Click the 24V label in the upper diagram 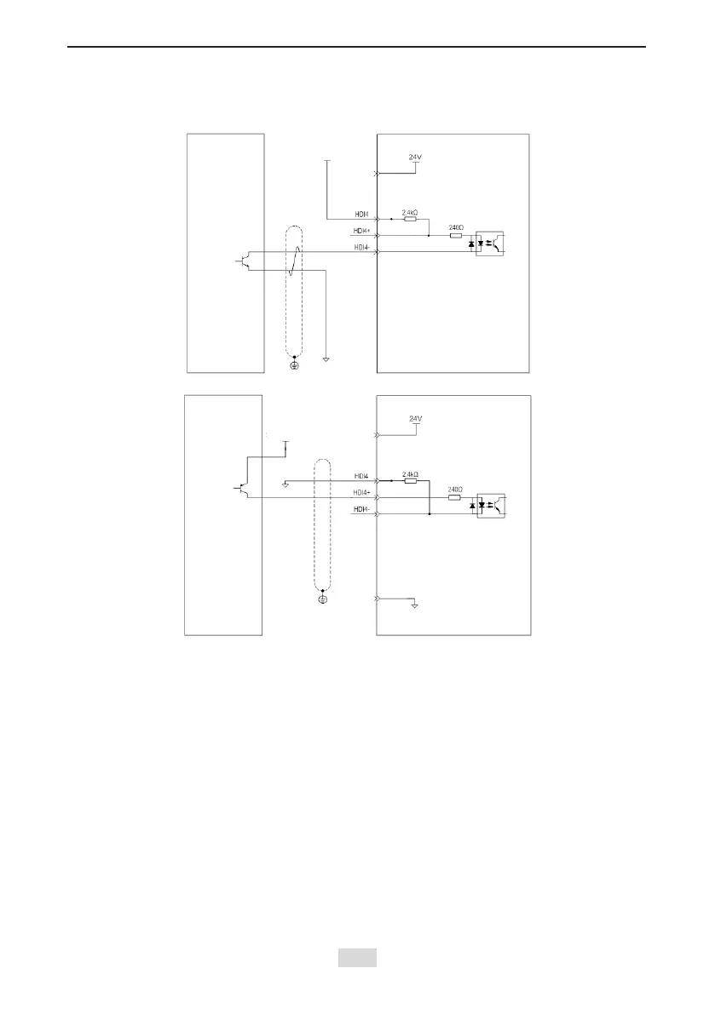(x=416, y=157)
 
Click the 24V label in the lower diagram (x=416, y=419)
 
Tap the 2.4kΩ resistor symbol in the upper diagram (x=410, y=219)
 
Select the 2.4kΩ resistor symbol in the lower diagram (x=410, y=481)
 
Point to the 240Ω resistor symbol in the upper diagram (x=456, y=235)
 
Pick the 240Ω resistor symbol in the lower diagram (x=456, y=497)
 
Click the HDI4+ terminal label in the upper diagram (x=361, y=231)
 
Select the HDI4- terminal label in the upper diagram (x=361, y=247)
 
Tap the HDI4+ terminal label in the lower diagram (x=361, y=493)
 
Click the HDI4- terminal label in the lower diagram (x=361, y=509)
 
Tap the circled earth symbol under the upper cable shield (x=295, y=364)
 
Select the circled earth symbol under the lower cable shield (x=322, y=599)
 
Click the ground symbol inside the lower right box (x=413, y=606)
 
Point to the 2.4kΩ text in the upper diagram (x=410, y=210)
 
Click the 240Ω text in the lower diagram (x=456, y=490)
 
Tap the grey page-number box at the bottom (x=357, y=958)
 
